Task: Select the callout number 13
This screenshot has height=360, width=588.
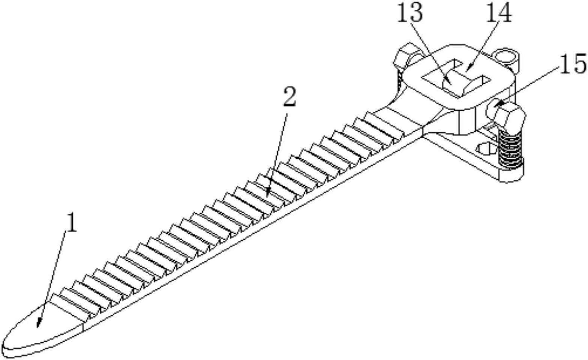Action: coord(410,12)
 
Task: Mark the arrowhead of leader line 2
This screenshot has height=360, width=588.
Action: coord(267,193)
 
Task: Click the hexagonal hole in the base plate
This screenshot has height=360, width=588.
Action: coord(486,149)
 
